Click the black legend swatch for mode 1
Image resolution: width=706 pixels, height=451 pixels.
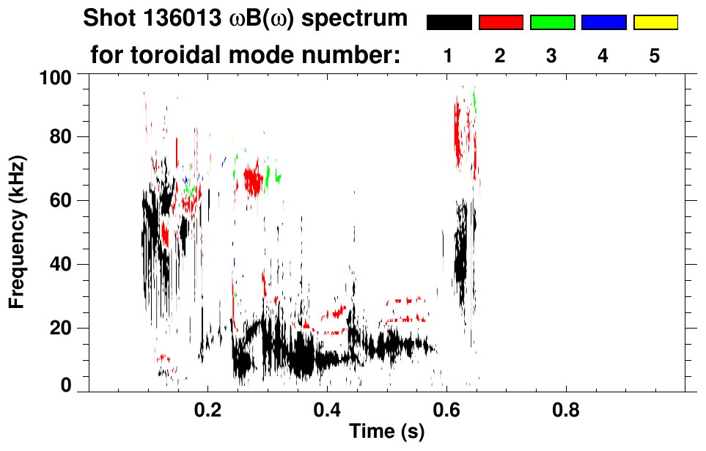pos(449,23)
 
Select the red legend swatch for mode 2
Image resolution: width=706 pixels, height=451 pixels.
pos(501,23)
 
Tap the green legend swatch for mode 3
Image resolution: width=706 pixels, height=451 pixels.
pos(552,23)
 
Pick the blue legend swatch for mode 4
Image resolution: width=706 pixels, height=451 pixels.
pos(603,23)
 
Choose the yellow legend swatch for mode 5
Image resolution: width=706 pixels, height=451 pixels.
pos(655,23)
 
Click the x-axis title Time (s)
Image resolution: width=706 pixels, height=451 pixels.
pos(386,432)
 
